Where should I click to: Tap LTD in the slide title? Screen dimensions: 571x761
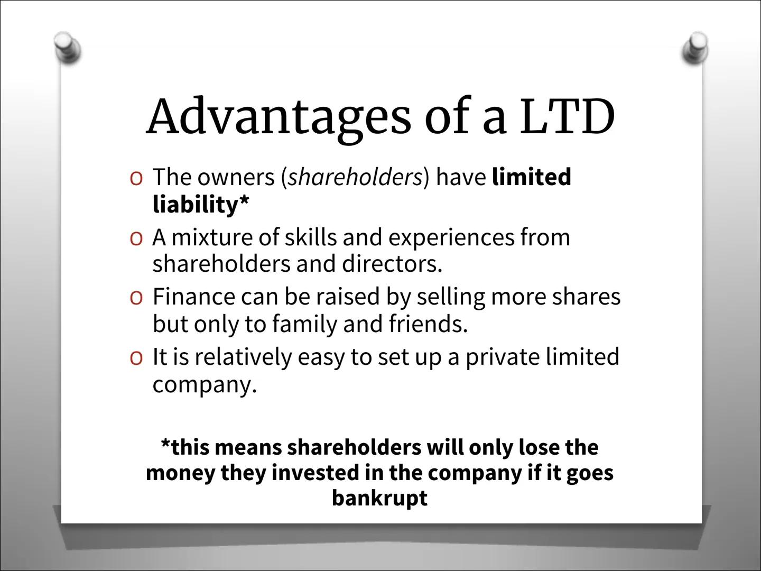pyautogui.click(x=566, y=116)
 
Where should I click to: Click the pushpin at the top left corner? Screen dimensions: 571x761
pyautogui.click(x=69, y=47)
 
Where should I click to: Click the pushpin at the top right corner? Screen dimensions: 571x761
pyautogui.click(x=695, y=48)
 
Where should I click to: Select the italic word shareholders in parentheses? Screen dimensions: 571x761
pyautogui.click(x=355, y=177)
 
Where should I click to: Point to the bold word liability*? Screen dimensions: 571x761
pyautogui.click(x=200, y=205)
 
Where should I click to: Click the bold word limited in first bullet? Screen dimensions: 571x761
pyautogui.click(x=531, y=177)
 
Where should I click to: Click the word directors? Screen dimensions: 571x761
pyautogui.click(x=392, y=263)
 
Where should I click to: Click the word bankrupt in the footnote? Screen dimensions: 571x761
pyautogui.click(x=379, y=498)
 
